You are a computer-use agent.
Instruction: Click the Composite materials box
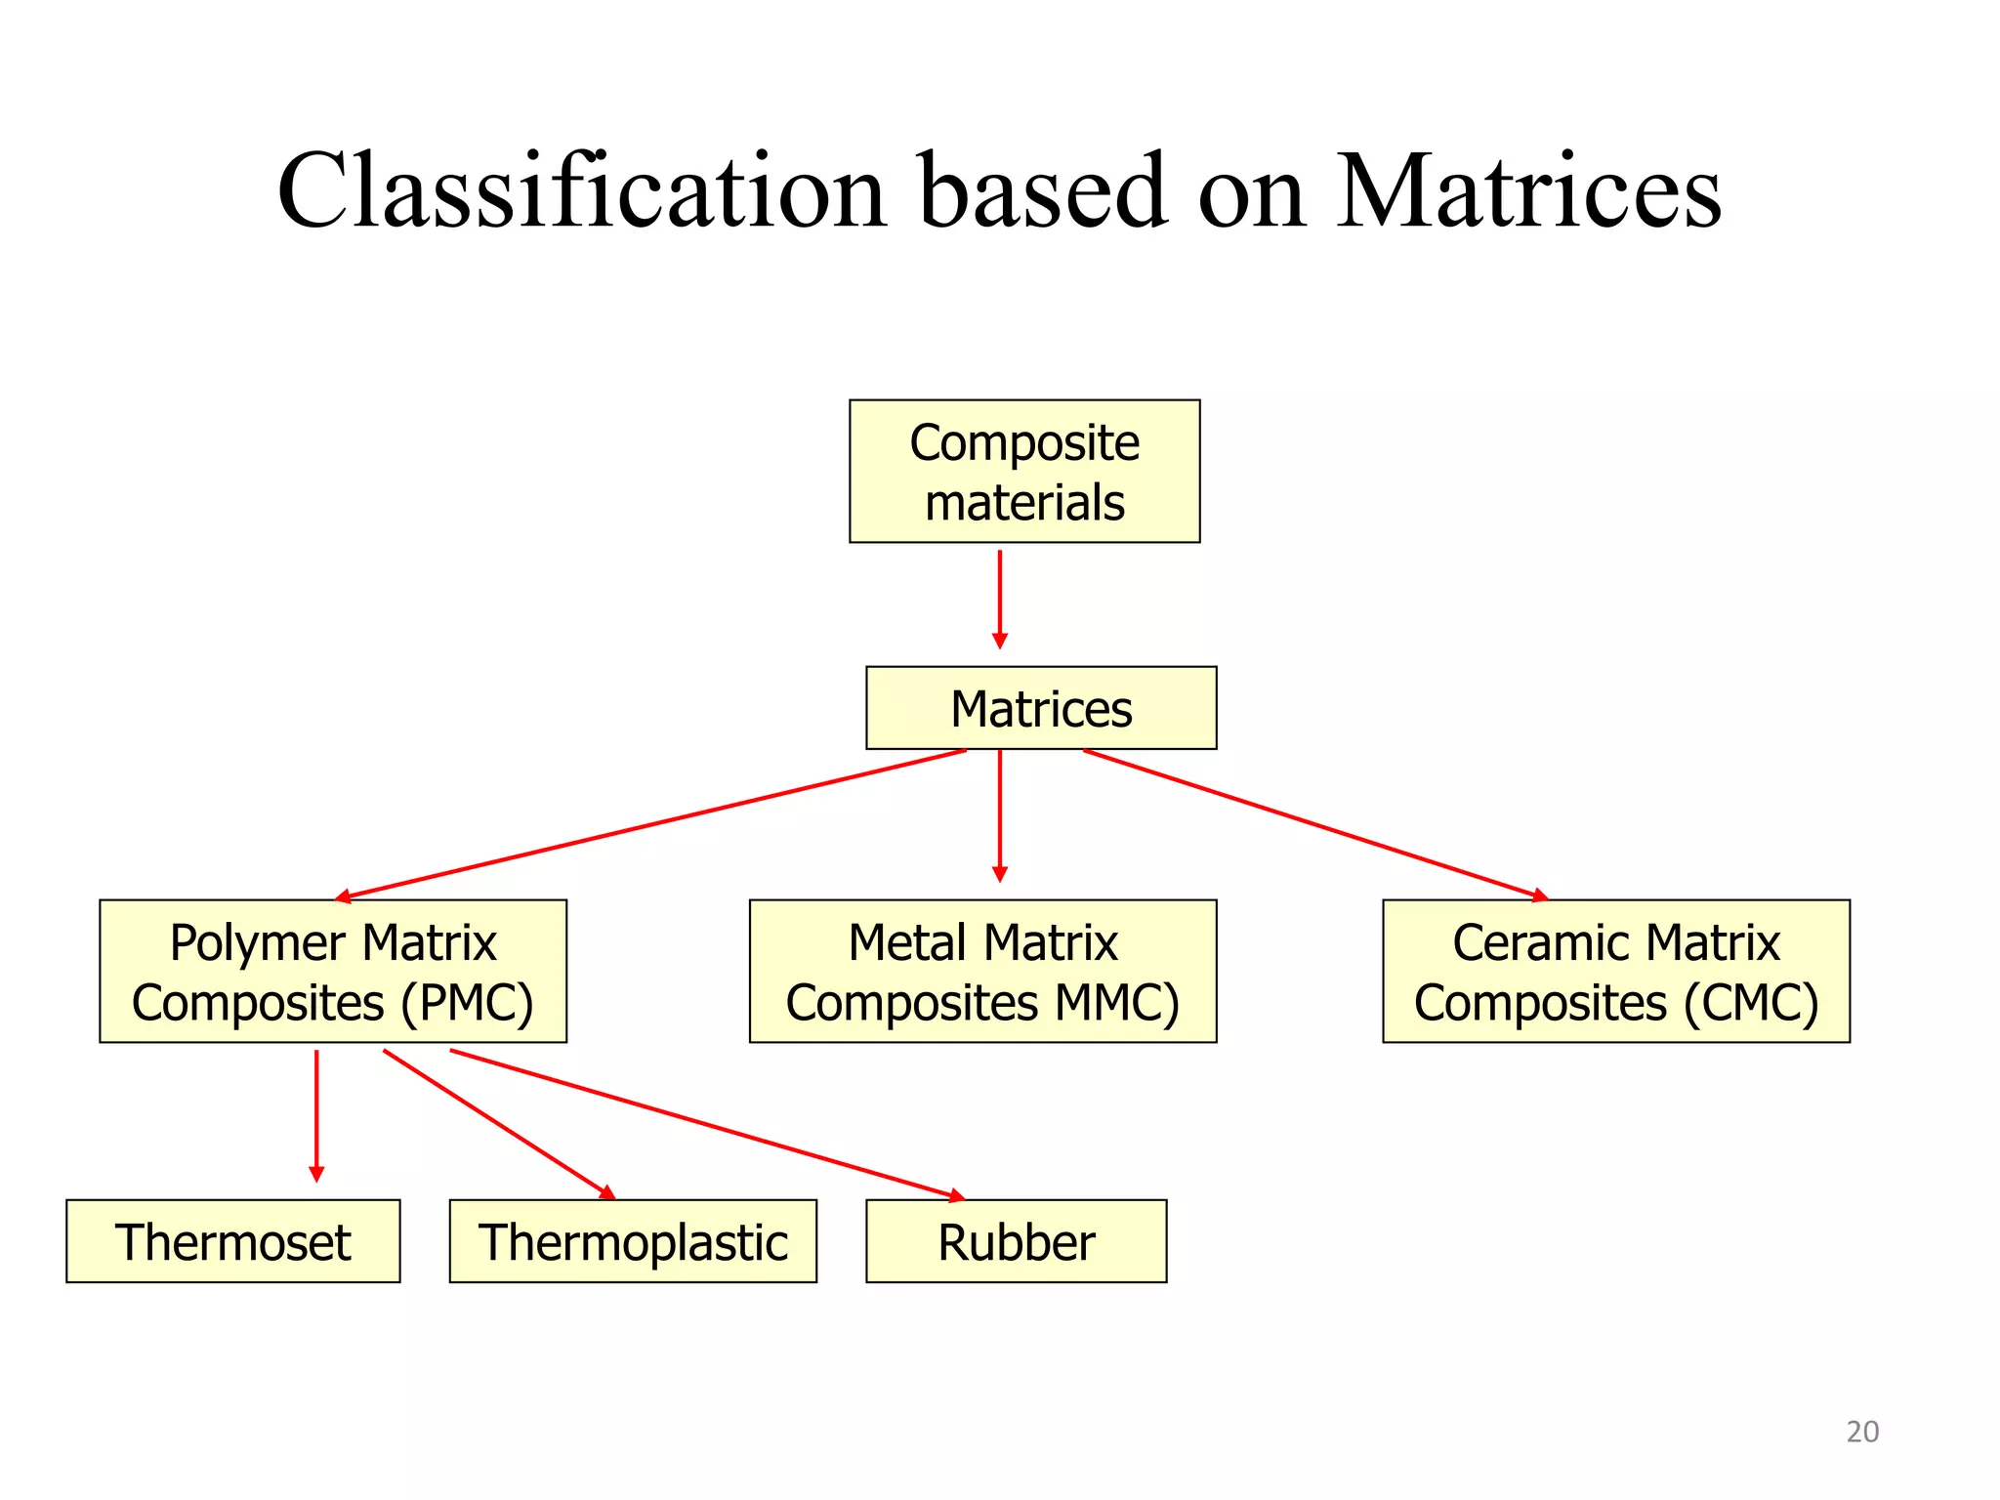click(1024, 471)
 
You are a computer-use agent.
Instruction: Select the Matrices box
click(1041, 708)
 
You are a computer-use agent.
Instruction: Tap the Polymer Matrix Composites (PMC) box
click(333, 971)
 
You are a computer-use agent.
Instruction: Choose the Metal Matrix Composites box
click(982, 971)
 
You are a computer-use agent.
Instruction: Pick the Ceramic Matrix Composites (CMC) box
click(1616, 971)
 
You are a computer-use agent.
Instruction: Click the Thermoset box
click(232, 1240)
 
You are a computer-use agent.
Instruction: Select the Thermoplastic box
click(633, 1240)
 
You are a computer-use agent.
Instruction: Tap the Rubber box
click(1016, 1240)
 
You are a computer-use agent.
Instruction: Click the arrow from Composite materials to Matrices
click(999, 598)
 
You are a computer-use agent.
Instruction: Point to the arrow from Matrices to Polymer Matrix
click(650, 823)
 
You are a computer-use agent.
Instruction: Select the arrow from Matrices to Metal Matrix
click(999, 814)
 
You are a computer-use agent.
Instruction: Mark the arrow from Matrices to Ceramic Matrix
click(1314, 824)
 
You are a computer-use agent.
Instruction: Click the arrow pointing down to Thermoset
click(316, 1114)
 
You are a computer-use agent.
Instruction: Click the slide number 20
click(1862, 1432)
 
